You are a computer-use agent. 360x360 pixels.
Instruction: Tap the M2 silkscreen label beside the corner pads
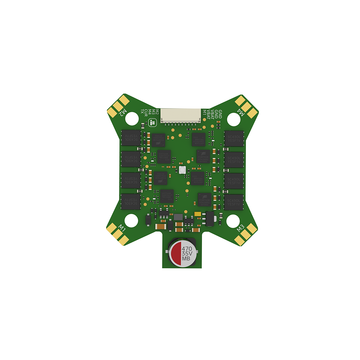pyautogui.click(x=123, y=112)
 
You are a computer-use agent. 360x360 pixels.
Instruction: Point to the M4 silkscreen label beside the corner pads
pyautogui.click(x=240, y=112)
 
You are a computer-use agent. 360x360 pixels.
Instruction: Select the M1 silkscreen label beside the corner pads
pyautogui.click(x=122, y=228)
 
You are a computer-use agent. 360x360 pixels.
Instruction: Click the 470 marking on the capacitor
pyautogui.click(x=187, y=248)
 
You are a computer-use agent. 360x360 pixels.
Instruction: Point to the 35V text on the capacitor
pyautogui.click(x=187, y=254)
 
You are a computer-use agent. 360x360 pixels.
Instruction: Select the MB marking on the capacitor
pyautogui.click(x=186, y=259)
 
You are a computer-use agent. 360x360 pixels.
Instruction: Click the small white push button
pyautogui.click(x=182, y=170)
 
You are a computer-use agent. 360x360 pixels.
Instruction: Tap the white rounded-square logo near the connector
pyautogui.click(x=152, y=123)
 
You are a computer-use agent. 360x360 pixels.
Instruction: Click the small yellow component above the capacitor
pyautogui.click(x=197, y=213)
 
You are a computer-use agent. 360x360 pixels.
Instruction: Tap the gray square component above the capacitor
pyautogui.click(x=178, y=217)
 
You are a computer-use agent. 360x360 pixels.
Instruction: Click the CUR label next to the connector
pyautogui.click(x=146, y=111)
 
